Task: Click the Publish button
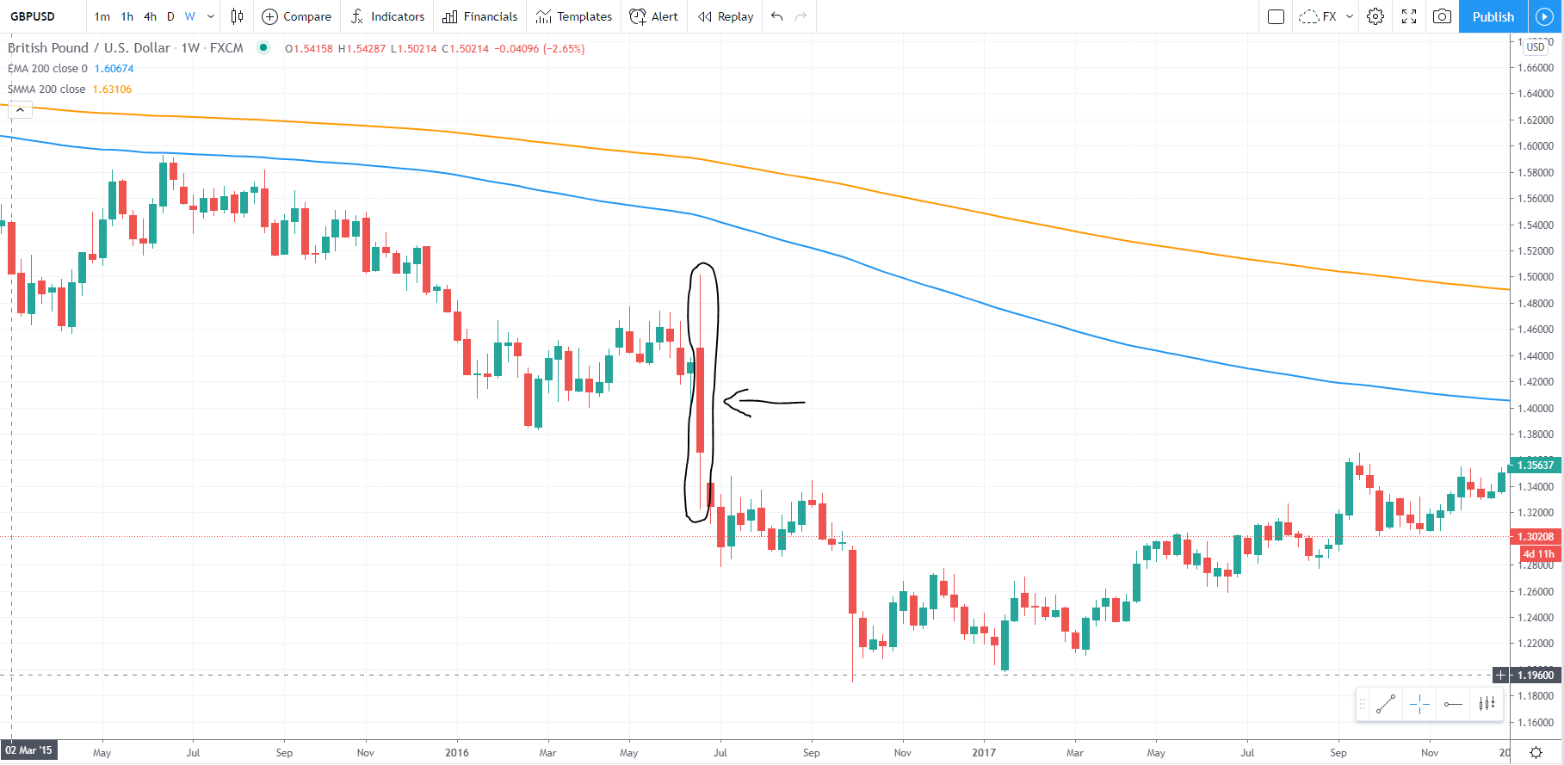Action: [1493, 16]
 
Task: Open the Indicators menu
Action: [388, 16]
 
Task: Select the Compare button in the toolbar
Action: [297, 16]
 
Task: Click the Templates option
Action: [573, 16]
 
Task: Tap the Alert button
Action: [654, 16]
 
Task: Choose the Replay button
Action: [726, 16]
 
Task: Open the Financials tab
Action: [480, 16]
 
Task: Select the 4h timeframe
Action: [150, 16]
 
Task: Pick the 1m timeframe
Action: [102, 16]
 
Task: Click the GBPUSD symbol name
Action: [33, 16]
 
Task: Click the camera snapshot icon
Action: [1442, 16]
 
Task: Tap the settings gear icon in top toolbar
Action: [1375, 16]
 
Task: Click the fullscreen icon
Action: [1409, 16]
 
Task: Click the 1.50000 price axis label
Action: [1536, 277]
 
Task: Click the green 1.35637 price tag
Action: [1536, 466]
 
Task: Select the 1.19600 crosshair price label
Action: [1536, 676]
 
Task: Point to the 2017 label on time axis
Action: [984, 753]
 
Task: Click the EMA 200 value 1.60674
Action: [114, 69]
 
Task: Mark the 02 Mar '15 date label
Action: [28, 750]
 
